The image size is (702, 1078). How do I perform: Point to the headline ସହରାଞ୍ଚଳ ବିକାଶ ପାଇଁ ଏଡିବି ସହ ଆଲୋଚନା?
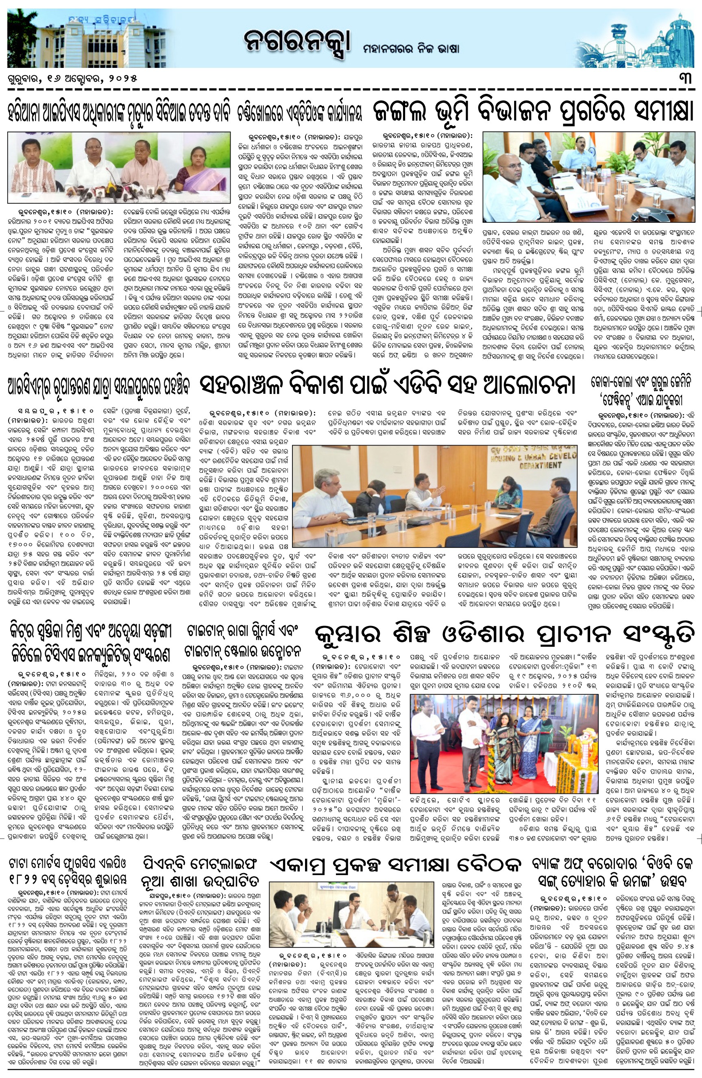(x=388, y=385)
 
